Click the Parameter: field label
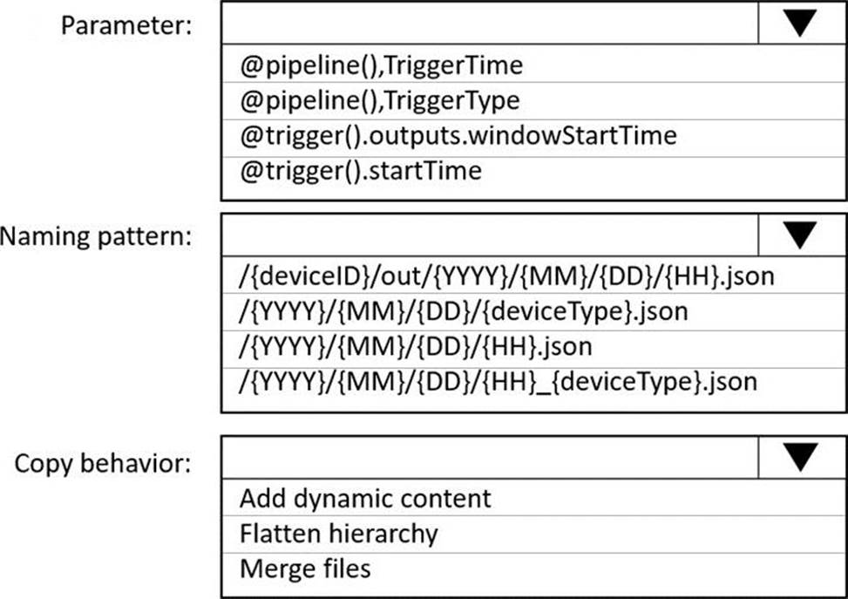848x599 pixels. pyautogui.click(x=126, y=25)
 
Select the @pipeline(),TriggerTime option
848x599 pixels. pyautogui.click(x=381, y=65)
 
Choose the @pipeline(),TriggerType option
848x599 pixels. pyautogui.click(x=380, y=100)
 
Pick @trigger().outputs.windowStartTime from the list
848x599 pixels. pyautogui.click(x=458, y=136)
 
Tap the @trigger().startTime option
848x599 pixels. pyautogui.click(x=361, y=171)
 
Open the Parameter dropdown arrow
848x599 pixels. pyautogui.click(x=800, y=23)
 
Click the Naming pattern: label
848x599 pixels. pyautogui.click(x=96, y=236)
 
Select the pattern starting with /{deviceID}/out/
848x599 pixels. pyautogui.click(x=506, y=276)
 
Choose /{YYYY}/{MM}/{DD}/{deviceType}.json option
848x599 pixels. pyautogui.click(x=464, y=311)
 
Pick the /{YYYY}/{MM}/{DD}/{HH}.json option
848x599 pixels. pyautogui.click(x=416, y=347)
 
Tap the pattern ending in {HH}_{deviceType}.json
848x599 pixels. pyautogui.click(x=499, y=382)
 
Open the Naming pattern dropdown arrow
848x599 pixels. pyautogui.click(x=800, y=235)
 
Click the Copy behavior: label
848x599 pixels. pyautogui.click(x=103, y=464)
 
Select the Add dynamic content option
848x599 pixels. pyautogui.click(x=365, y=499)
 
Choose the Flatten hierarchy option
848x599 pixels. pyautogui.click(x=338, y=534)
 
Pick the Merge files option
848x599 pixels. pyautogui.click(x=305, y=568)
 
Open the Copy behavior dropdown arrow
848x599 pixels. pyautogui.click(x=800, y=457)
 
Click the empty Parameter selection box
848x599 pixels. pyautogui.click(x=490, y=23)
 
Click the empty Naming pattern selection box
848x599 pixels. pyautogui.click(x=490, y=235)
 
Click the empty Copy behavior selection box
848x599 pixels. pyautogui.click(x=490, y=457)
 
